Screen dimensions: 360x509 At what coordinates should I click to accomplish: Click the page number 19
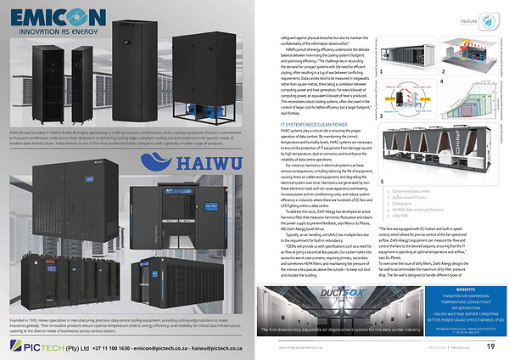point(490,346)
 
